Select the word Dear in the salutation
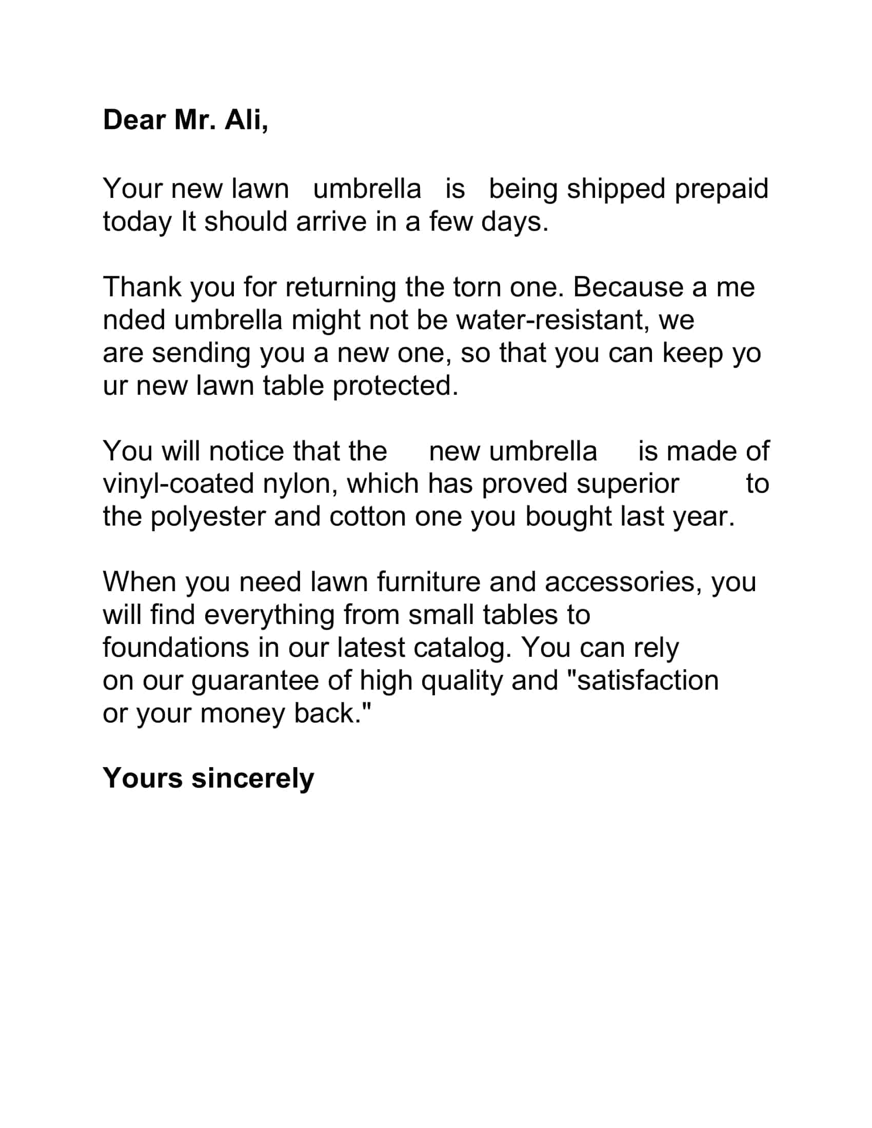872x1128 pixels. tap(134, 120)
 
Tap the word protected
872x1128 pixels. tap(395, 386)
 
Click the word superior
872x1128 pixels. tap(628, 484)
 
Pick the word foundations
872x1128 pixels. tap(175, 648)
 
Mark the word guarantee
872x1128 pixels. tap(255, 681)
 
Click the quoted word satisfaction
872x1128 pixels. tap(647, 681)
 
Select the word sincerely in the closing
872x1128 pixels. tap(252, 778)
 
